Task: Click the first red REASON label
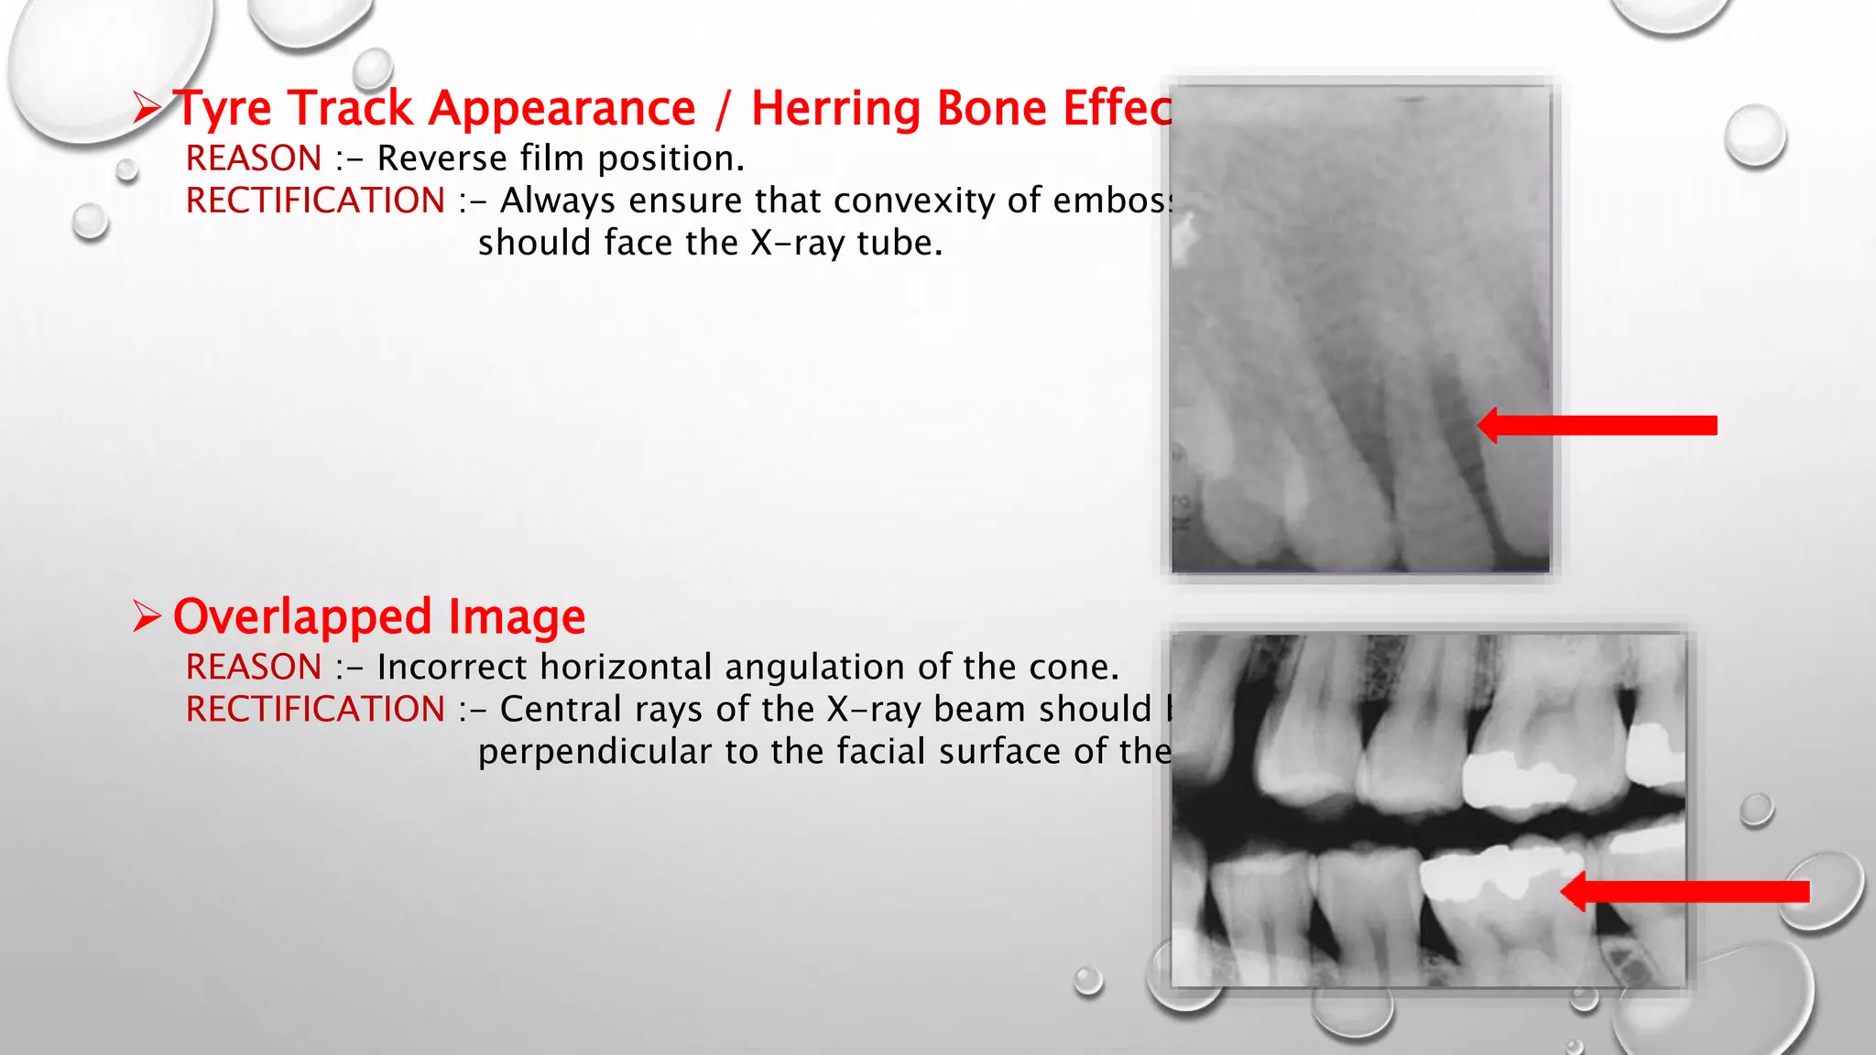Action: [x=254, y=158]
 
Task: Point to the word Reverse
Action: [x=442, y=158]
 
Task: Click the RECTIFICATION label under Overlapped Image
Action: [x=315, y=710]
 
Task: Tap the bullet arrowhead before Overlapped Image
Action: [x=146, y=616]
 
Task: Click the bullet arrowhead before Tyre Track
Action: [x=146, y=108]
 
